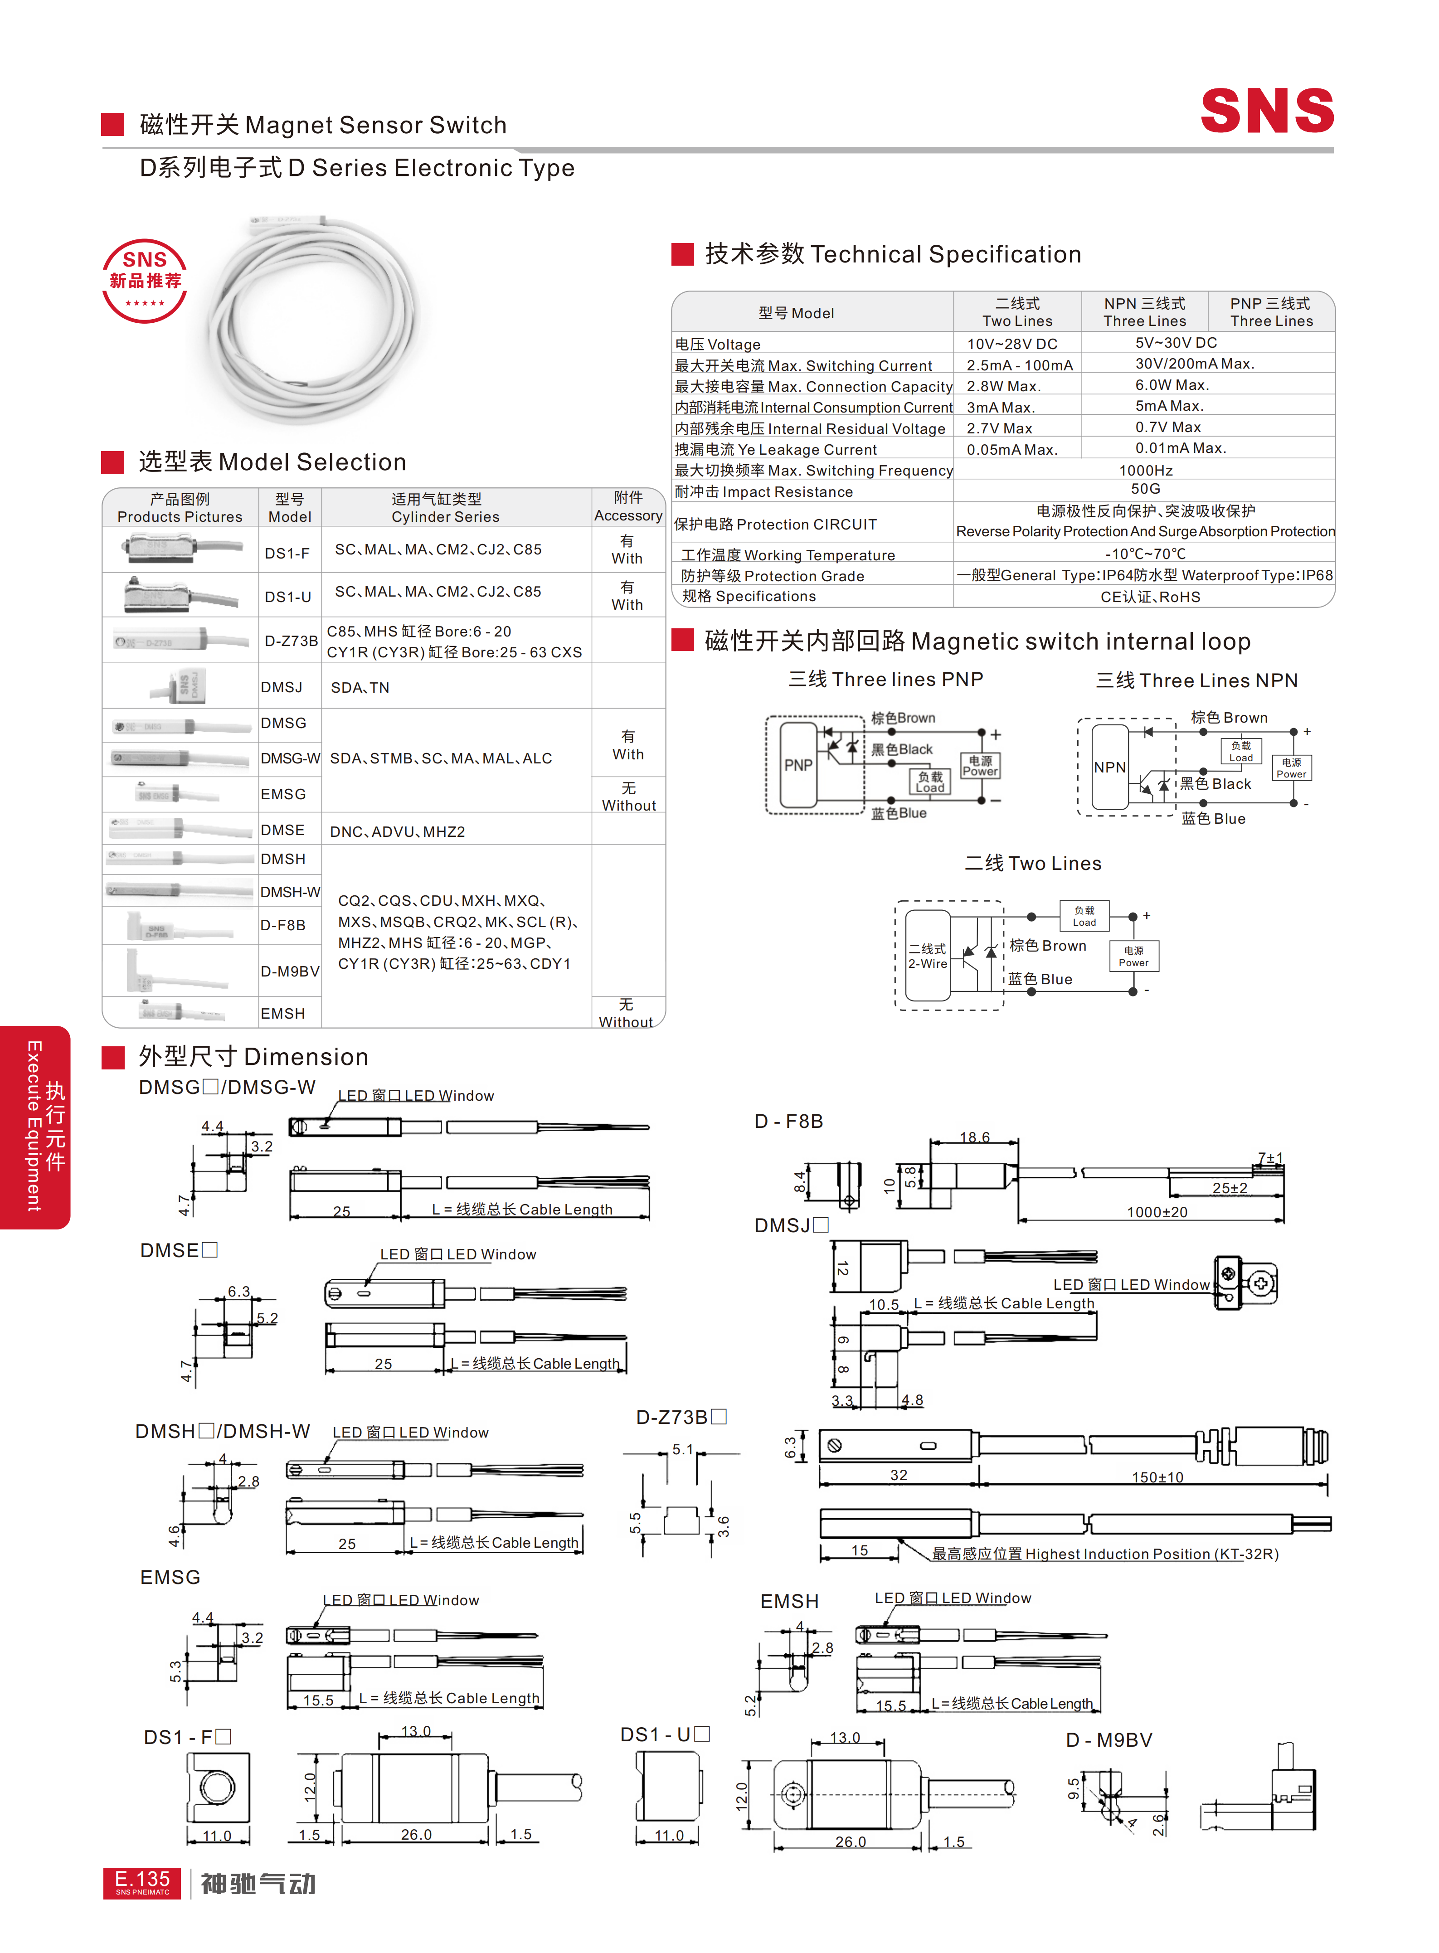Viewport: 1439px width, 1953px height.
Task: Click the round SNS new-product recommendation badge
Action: click(145, 281)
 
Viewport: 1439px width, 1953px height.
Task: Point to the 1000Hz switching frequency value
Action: click(1146, 471)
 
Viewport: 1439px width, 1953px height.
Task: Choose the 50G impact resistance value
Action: click(1146, 490)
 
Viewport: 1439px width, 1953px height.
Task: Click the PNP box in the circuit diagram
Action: click(798, 765)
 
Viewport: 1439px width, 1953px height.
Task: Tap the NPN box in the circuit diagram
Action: click(1110, 767)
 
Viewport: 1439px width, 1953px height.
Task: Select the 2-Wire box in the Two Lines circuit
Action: click(928, 956)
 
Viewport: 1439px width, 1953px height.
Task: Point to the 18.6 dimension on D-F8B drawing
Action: click(975, 1137)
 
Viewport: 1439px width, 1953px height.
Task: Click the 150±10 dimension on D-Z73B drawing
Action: click(1157, 1477)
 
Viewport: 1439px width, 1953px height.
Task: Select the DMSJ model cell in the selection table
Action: click(282, 687)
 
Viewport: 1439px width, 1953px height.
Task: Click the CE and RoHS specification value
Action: click(1150, 597)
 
